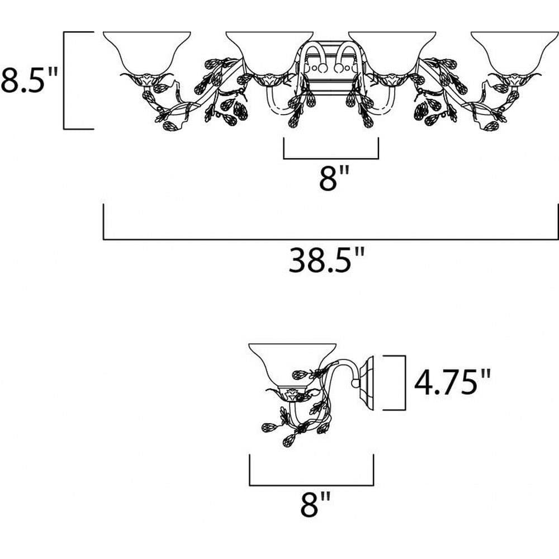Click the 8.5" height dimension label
[x=29, y=80]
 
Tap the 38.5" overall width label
[x=326, y=260]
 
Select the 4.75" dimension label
[x=452, y=382]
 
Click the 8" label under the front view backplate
[x=333, y=178]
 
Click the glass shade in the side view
[x=292, y=366]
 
